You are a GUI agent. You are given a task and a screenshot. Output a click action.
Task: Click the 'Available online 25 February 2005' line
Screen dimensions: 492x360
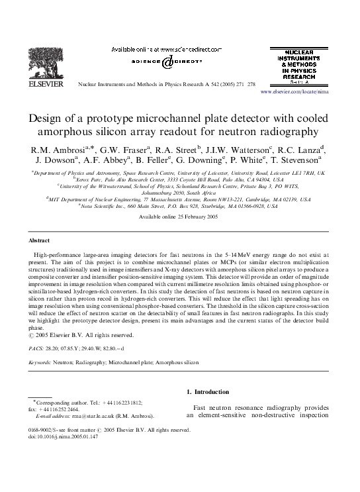click(x=180, y=217)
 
